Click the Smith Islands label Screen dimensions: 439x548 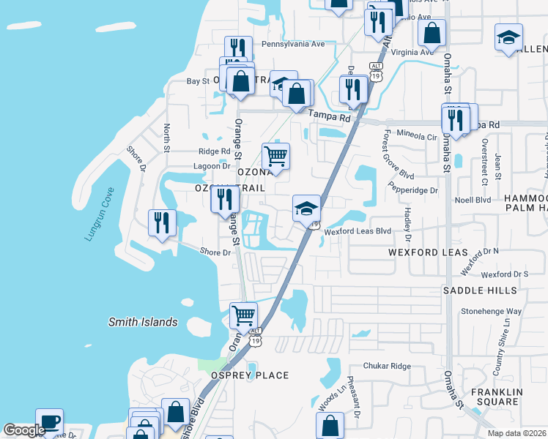(x=143, y=322)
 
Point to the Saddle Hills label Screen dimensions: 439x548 (x=480, y=290)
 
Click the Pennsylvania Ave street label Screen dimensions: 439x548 (x=293, y=44)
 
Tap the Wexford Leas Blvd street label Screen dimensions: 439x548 (x=358, y=231)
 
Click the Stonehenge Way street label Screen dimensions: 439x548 (x=491, y=311)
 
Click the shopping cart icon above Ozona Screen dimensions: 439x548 (x=275, y=155)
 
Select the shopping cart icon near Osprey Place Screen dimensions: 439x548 (x=243, y=315)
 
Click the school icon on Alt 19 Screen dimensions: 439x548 (x=306, y=208)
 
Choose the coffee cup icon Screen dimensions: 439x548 (x=49, y=421)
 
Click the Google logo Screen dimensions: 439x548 (x=24, y=431)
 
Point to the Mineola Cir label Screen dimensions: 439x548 (x=416, y=137)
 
